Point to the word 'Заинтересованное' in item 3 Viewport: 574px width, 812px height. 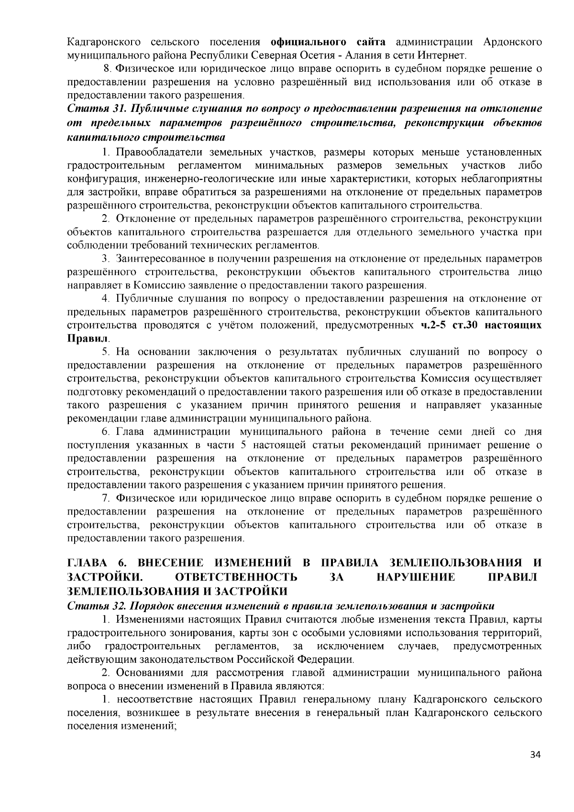coord(161,259)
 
